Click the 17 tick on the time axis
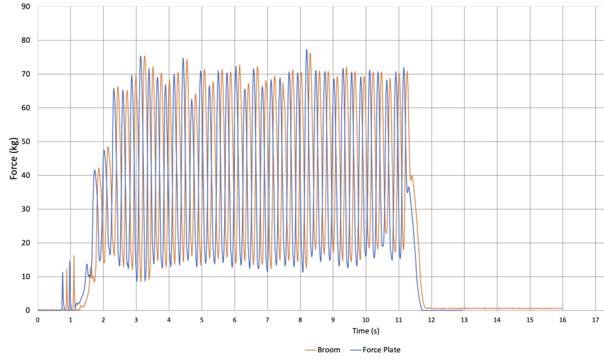[x=595, y=320]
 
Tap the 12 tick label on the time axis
[x=431, y=320]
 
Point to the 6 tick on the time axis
[x=235, y=320]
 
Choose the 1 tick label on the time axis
[x=71, y=320]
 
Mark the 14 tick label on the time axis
[x=497, y=320]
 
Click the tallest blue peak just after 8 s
[x=307, y=50]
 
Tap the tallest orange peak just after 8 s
[x=310, y=54]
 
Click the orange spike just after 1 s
[x=74, y=256]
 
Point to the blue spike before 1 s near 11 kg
[x=63, y=273]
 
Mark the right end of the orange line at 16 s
[x=562, y=308]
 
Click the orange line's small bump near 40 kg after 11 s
[x=412, y=176]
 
